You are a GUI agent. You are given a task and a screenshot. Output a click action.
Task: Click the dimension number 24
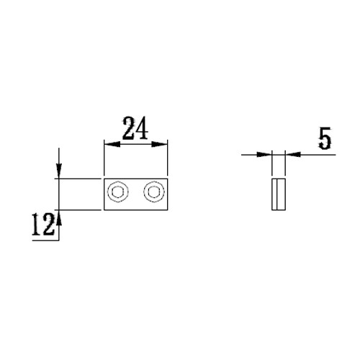[x=135, y=128]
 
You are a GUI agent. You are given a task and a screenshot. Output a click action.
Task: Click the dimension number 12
[x=43, y=224]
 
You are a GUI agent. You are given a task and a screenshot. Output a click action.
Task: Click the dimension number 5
[x=325, y=138]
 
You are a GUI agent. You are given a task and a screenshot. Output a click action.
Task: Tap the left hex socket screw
[x=118, y=192]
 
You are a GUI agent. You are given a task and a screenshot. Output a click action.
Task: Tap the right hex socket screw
[x=154, y=192]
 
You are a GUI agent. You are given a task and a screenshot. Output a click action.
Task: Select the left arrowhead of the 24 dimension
[x=112, y=144]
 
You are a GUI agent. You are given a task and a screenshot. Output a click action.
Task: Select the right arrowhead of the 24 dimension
[x=159, y=144]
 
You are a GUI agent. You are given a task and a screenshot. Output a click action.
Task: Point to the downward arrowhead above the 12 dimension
[x=59, y=171]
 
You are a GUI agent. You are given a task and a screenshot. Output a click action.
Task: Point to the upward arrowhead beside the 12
[x=59, y=218]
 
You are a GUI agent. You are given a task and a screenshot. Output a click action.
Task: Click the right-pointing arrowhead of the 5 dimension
[x=264, y=155]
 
